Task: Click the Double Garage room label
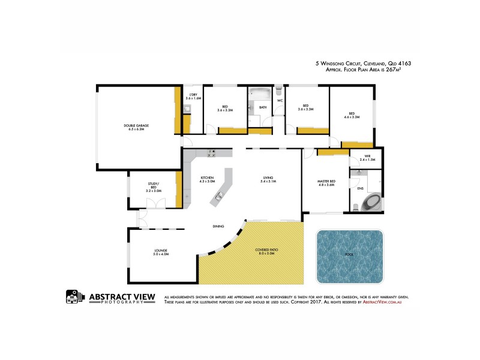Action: click(136, 126)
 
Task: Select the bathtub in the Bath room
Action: click(260, 95)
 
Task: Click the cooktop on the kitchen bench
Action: click(211, 153)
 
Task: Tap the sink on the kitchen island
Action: click(218, 195)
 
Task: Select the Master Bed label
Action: click(326, 181)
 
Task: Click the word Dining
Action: click(218, 226)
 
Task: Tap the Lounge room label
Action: click(160, 250)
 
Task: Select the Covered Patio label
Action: click(265, 250)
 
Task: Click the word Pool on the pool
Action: click(349, 255)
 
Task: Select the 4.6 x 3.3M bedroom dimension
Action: click(352, 117)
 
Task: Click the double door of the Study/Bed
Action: click(154, 204)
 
